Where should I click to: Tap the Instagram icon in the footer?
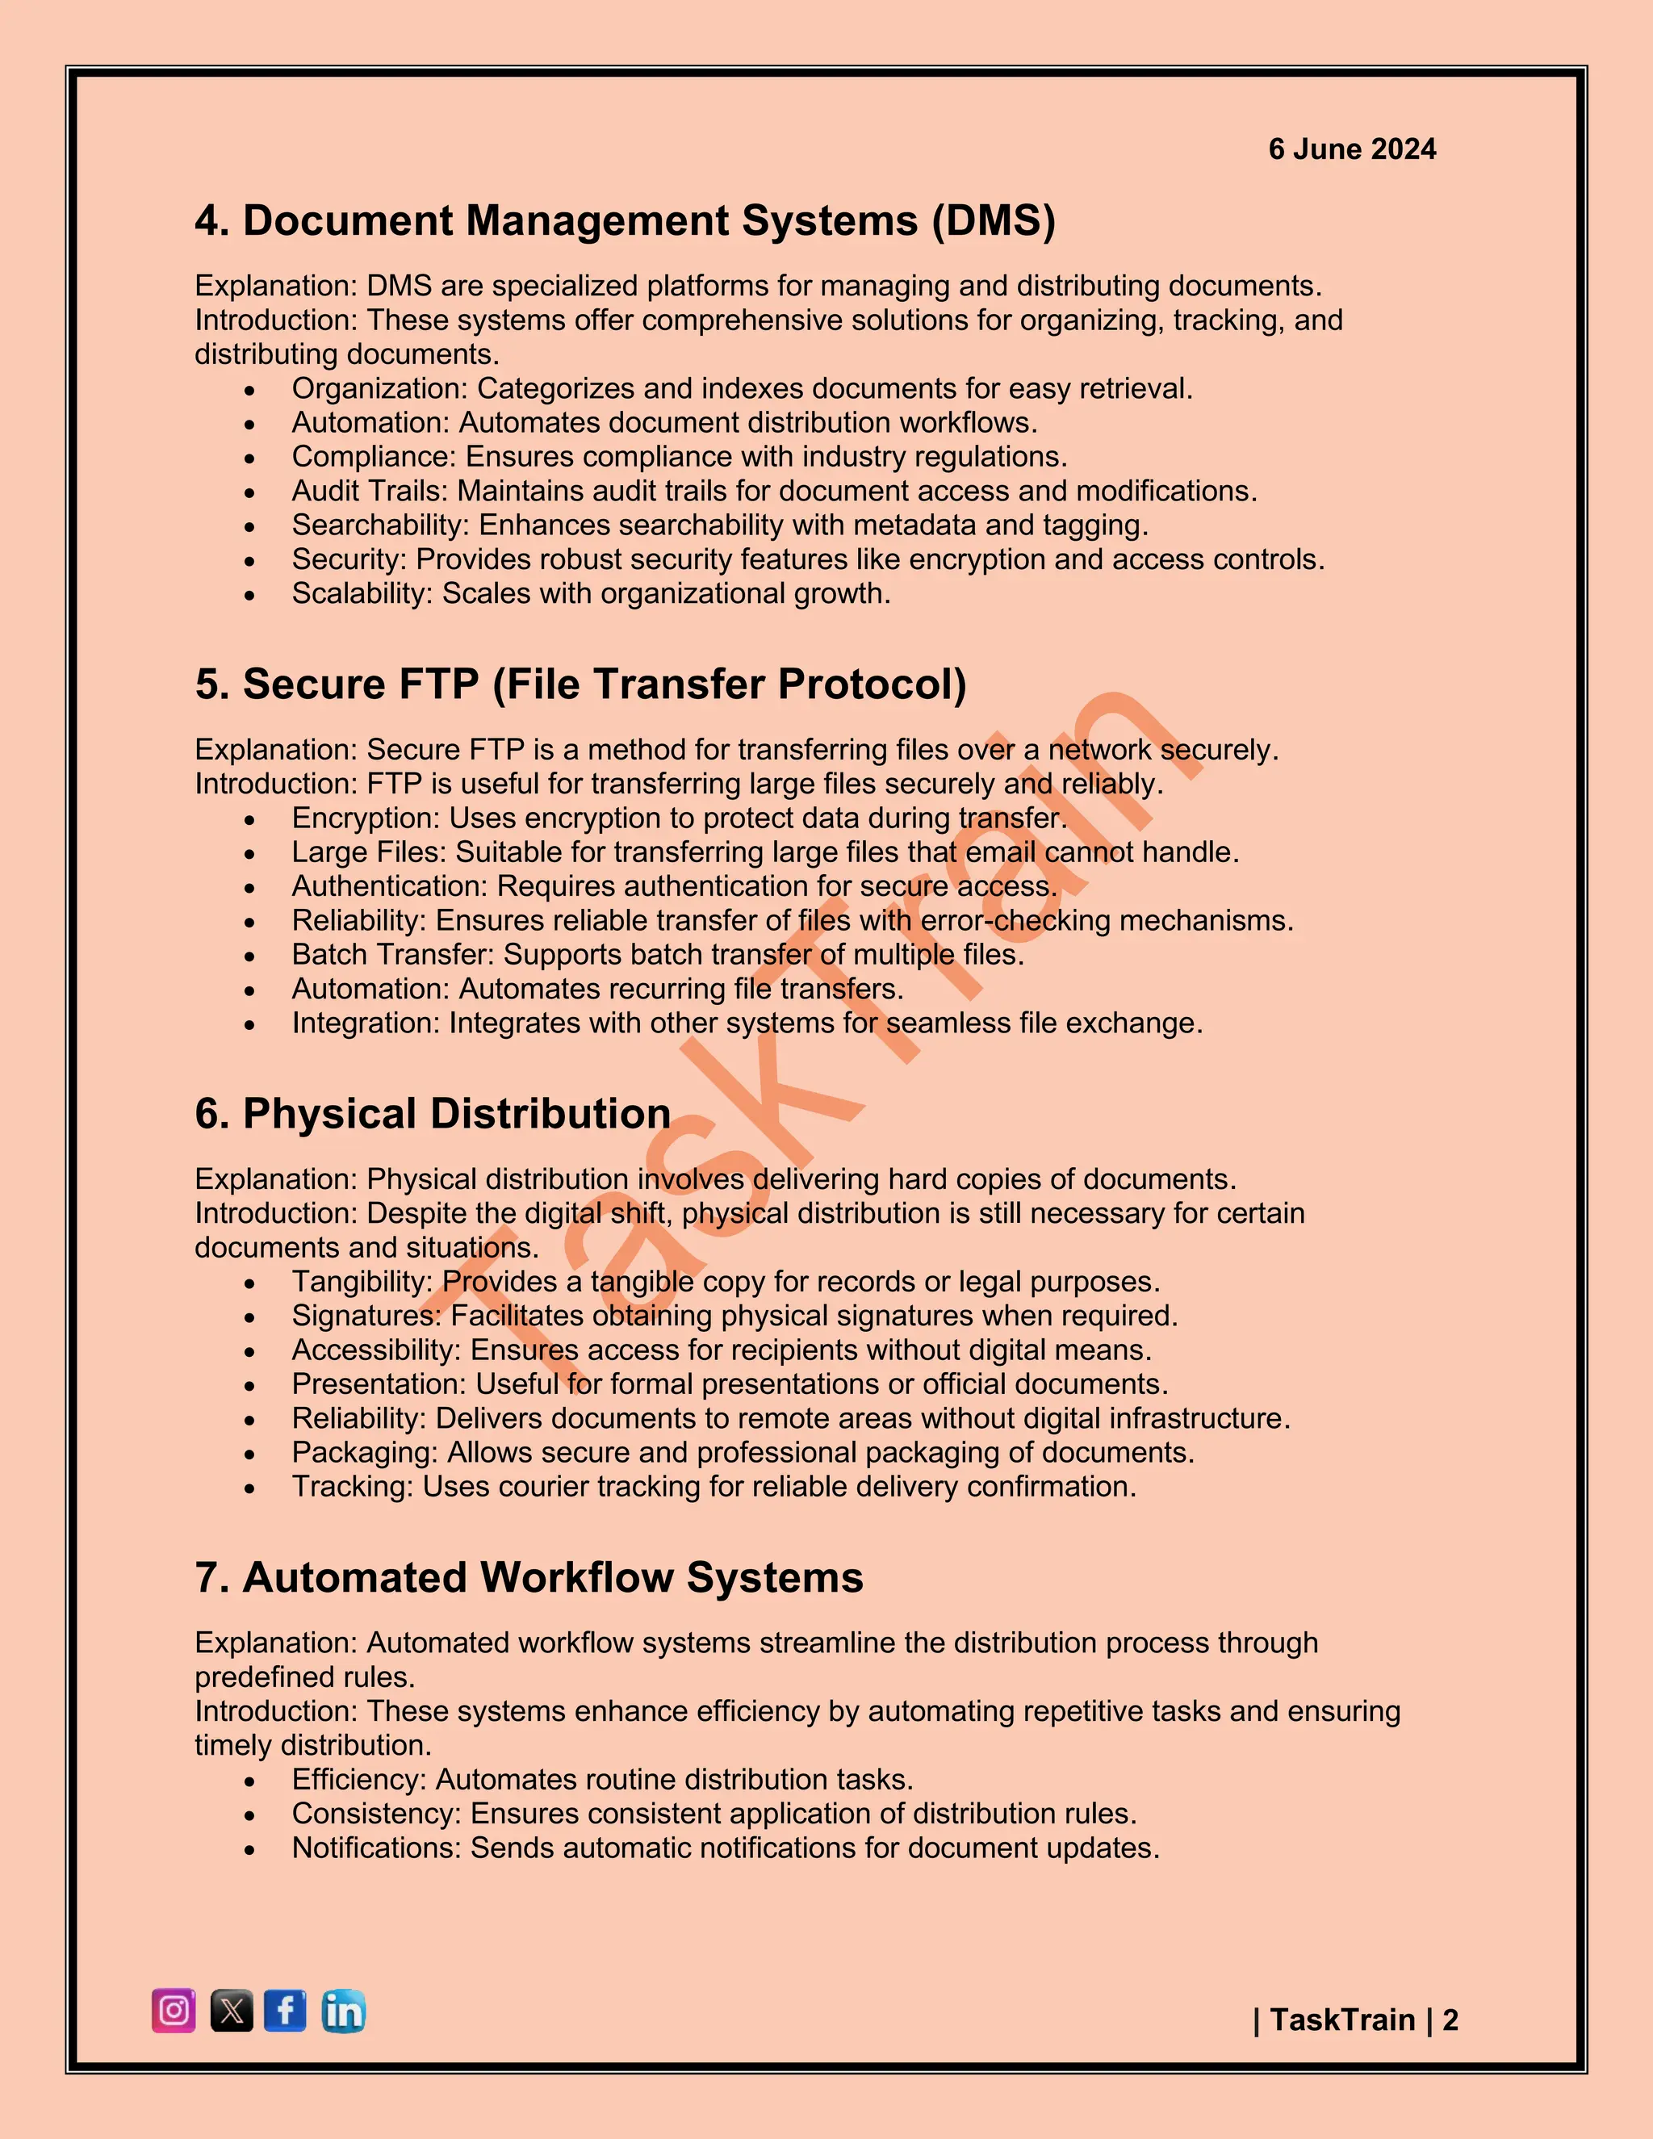click(174, 2011)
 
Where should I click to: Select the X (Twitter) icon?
click(231, 2011)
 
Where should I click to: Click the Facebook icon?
click(285, 2011)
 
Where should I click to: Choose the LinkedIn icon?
click(343, 2011)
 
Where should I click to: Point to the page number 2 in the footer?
click(1450, 2020)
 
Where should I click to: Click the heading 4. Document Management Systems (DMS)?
click(625, 220)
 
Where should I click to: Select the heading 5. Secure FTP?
click(580, 684)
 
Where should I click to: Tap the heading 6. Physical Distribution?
click(432, 1114)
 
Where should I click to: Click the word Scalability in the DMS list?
click(360, 593)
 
